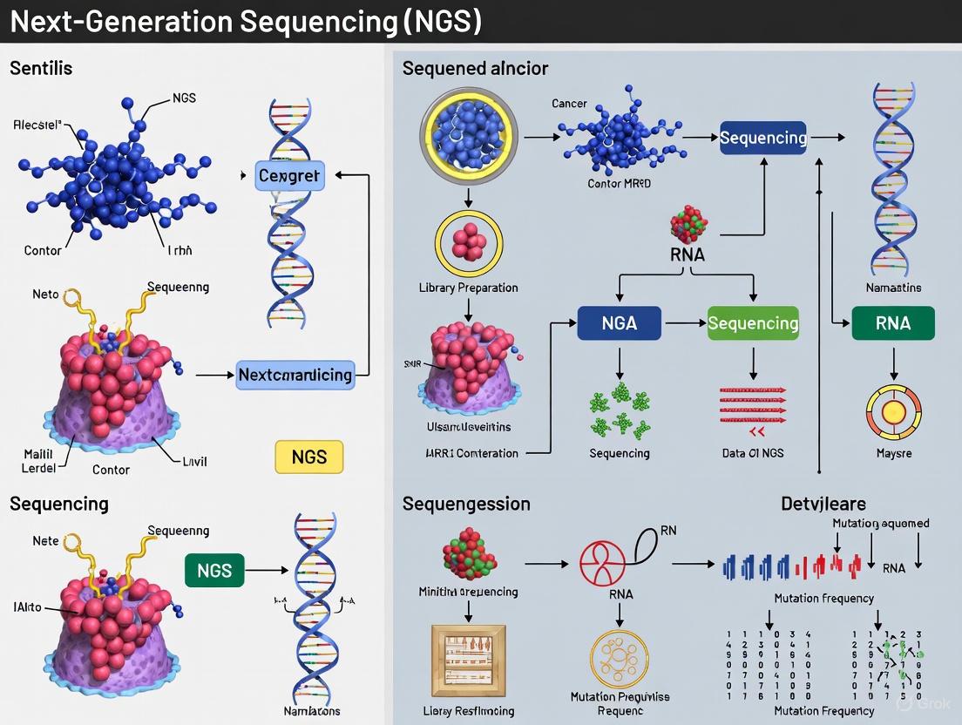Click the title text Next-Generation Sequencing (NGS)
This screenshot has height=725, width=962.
245,21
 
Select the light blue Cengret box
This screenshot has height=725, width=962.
289,175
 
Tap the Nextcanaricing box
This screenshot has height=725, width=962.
295,375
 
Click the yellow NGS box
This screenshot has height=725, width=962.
308,457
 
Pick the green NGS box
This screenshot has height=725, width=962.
214,571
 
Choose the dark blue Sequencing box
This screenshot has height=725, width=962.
762,138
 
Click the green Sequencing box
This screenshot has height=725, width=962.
753,323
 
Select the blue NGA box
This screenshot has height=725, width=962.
620,323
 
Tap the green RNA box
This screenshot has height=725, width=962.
893,323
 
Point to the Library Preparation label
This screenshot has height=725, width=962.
468,288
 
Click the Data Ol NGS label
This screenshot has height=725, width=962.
752,453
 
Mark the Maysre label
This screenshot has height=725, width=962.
893,453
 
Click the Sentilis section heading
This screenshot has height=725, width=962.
41,67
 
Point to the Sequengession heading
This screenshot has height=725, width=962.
466,504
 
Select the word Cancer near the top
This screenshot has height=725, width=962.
569,104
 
